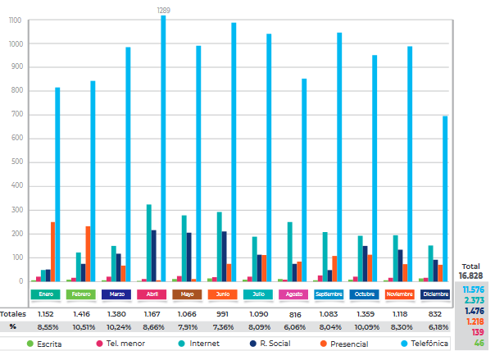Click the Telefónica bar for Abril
tap(163, 148)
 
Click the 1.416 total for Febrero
tap(82, 313)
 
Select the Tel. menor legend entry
tap(120, 344)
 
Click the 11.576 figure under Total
tap(473, 290)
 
